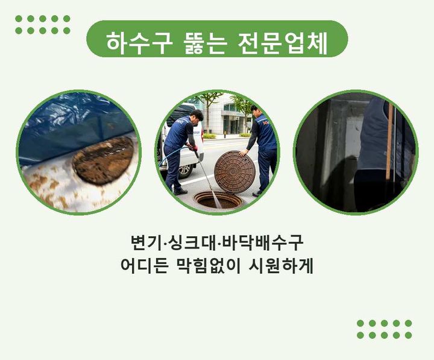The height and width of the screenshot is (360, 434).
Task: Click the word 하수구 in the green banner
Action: tap(137, 43)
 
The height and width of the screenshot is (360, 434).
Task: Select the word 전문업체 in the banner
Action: tap(283, 43)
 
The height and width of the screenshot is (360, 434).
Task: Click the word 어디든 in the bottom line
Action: tap(145, 266)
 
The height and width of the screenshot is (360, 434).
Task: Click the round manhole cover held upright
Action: tap(234, 172)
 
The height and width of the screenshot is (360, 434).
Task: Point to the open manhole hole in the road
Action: tap(218, 200)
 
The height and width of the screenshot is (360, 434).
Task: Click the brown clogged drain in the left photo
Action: tap(104, 160)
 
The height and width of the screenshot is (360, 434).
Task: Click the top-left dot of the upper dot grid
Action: tap(19, 19)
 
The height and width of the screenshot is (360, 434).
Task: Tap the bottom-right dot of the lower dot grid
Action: tap(408, 335)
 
